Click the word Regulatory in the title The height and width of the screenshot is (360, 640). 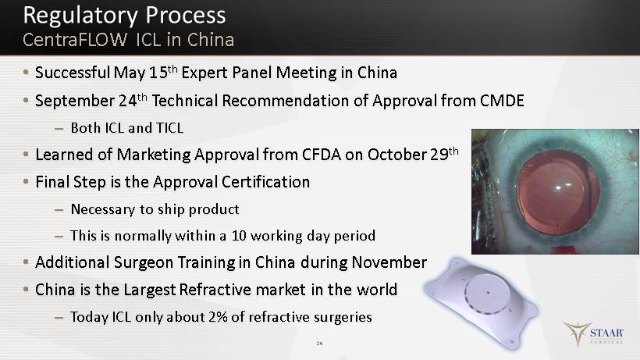pyautogui.click(x=81, y=16)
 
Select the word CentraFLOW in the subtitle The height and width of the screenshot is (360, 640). pyautogui.click(x=75, y=40)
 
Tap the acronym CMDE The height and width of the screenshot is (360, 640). pyautogui.click(x=502, y=101)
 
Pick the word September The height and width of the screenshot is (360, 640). pyautogui.click(x=75, y=102)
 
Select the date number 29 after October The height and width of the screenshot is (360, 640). pyautogui.click(x=439, y=155)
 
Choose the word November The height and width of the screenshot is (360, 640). pyautogui.click(x=389, y=262)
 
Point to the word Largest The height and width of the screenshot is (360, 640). pyautogui.click(x=150, y=290)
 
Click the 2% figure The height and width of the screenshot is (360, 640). pyautogui.click(x=218, y=317)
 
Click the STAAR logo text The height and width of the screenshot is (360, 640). pyautogui.click(x=606, y=333)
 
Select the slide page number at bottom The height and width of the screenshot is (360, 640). pyautogui.click(x=319, y=344)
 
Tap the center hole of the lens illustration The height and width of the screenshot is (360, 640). pyautogui.click(x=488, y=293)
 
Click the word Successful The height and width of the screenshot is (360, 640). pyautogui.click(x=73, y=73)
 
